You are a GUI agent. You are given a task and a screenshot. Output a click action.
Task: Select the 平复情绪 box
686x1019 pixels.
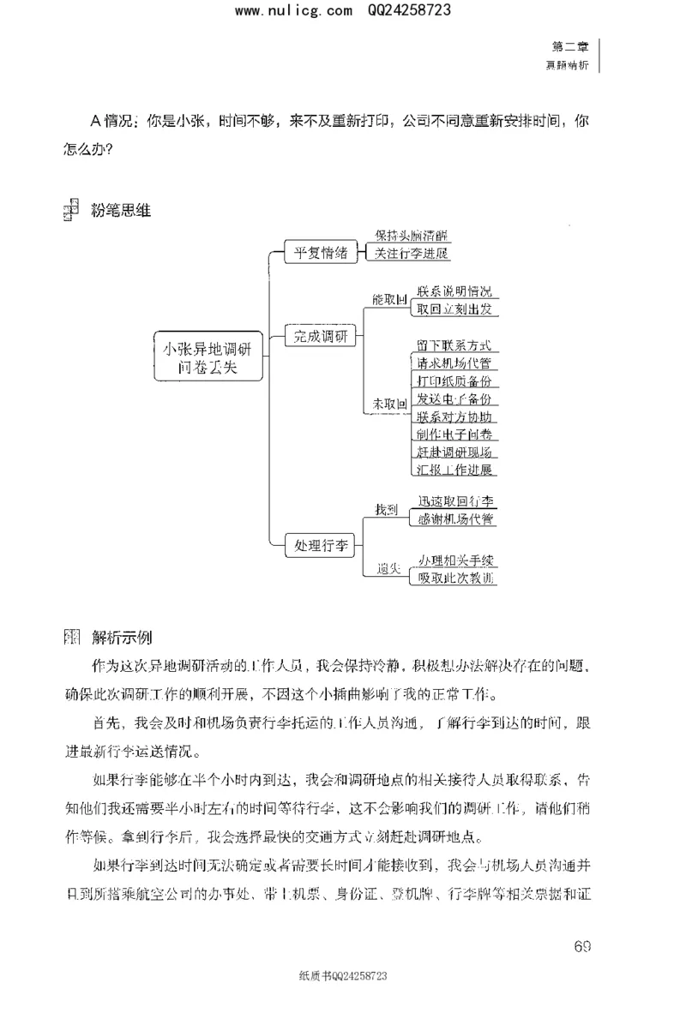[321, 252]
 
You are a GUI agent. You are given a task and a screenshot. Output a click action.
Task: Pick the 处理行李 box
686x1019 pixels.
[321, 544]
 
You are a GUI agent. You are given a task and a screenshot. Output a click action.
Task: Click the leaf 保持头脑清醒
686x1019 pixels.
[411, 236]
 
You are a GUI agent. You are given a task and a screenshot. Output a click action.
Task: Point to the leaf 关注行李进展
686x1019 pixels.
[411, 254]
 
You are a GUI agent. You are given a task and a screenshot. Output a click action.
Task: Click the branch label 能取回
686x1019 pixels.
[388, 301]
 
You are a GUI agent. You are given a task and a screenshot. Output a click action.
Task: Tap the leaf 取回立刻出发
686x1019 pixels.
[454, 309]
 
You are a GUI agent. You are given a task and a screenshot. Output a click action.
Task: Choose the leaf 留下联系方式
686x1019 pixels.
[454, 345]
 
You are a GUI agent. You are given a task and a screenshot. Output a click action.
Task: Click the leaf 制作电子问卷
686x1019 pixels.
[454, 435]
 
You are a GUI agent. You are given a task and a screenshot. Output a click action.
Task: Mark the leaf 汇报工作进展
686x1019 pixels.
[454, 470]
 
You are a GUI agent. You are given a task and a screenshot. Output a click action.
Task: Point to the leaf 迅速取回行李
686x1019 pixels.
[454, 501]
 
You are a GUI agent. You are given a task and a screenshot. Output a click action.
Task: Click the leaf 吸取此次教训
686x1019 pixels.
[454, 578]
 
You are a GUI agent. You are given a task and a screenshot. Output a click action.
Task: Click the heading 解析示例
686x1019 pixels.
[121, 638]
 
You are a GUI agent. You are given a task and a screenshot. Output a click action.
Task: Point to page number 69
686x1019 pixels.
[582, 946]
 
